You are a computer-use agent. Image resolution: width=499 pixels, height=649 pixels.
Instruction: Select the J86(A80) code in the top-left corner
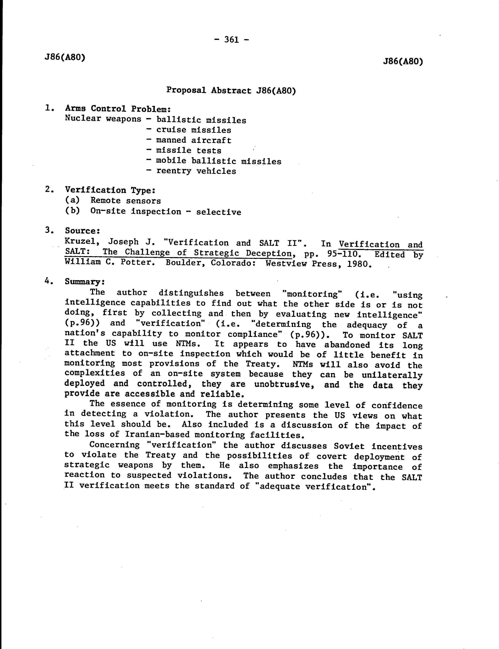[65, 57]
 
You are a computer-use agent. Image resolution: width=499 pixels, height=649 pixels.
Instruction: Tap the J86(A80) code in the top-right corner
[403, 61]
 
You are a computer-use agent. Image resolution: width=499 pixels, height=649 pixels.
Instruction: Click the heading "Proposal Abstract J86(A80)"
[231, 90]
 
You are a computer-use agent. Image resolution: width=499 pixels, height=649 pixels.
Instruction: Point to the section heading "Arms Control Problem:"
[118, 109]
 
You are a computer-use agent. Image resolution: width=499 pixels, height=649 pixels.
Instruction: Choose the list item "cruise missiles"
[194, 130]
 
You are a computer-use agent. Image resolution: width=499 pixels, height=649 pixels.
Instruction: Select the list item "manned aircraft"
[194, 140]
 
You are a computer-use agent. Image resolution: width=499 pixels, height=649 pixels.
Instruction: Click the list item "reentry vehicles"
[196, 171]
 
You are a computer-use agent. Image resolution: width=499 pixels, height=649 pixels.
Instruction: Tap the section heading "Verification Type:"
[110, 190]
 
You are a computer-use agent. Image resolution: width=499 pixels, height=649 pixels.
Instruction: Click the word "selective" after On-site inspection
[219, 212]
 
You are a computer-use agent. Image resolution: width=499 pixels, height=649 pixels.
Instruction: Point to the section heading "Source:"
[82, 231]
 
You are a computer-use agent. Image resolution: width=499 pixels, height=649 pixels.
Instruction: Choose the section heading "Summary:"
[85, 282]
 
